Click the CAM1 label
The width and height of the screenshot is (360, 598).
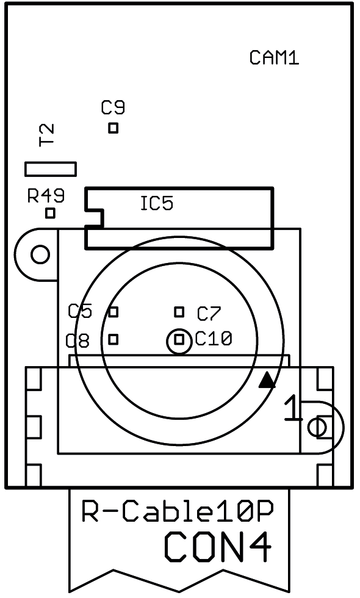coord(274,57)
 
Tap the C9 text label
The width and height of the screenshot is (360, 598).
coord(113,107)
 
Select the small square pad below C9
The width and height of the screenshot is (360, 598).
coord(113,128)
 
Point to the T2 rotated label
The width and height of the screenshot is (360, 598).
coord(46,135)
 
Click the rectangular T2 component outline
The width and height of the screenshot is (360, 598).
coord(50,169)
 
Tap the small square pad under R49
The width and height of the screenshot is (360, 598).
coord(50,213)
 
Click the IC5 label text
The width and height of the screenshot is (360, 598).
coord(157,203)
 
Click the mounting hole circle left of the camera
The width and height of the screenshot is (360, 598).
coord(40,254)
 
